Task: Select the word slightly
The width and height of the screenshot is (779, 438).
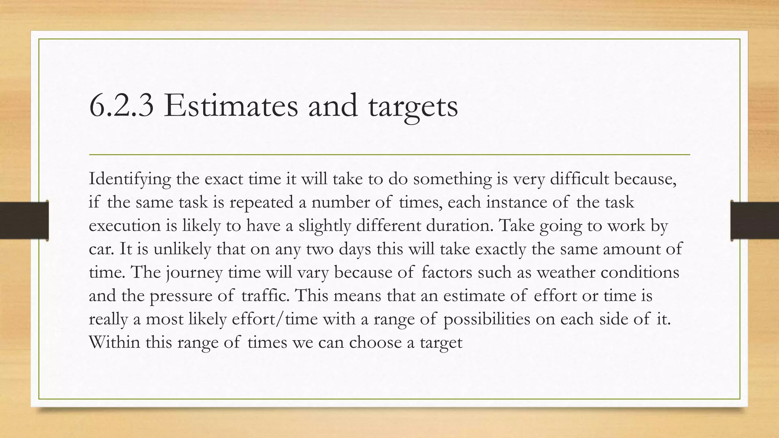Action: [x=324, y=226]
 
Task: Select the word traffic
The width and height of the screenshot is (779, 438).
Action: [x=265, y=296]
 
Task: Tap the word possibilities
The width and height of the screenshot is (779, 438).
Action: [x=486, y=319]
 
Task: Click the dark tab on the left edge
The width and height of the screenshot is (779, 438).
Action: [x=24, y=221]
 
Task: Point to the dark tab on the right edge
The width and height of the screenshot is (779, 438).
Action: [x=755, y=221]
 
